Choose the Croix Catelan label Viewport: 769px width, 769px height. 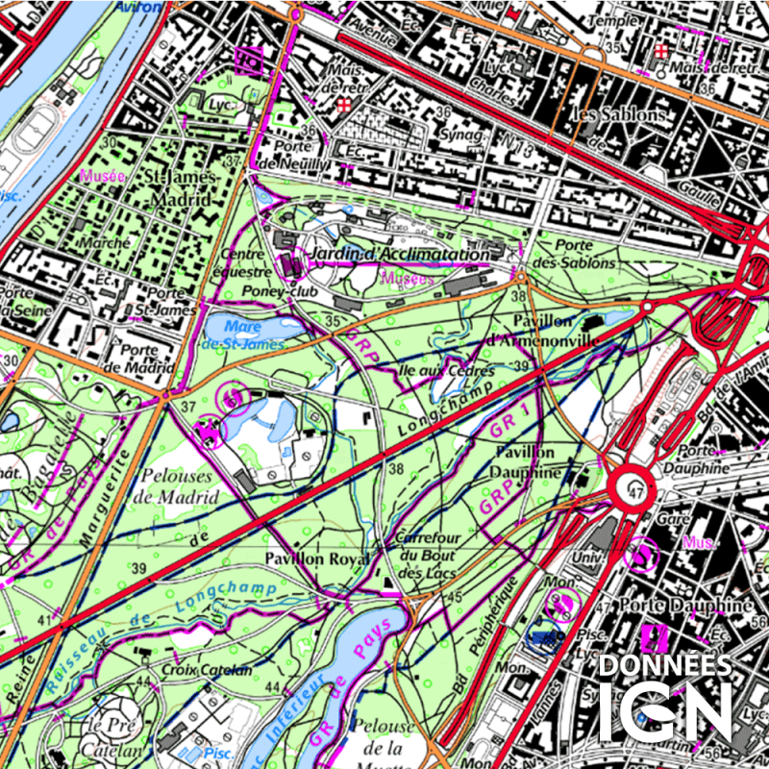(x=207, y=669)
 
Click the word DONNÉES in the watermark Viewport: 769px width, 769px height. (x=665, y=665)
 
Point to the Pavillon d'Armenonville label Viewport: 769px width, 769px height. (x=543, y=330)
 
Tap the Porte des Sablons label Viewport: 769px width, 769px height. (x=573, y=254)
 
